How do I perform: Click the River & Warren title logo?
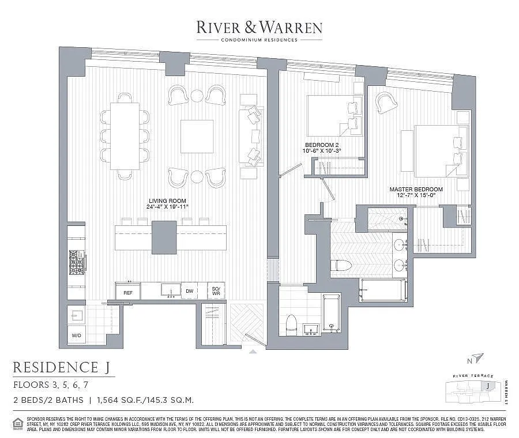(x=259, y=27)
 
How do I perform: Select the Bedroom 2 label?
(x=322, y=148)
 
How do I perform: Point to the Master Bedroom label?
(x=416, y=192)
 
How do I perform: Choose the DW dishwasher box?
(x=189, y=292)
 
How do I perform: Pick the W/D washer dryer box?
(x=76, y=335)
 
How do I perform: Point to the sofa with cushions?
(x=251, y=137)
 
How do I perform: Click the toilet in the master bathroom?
(x=341, y=266)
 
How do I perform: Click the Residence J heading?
(x=63, y=367)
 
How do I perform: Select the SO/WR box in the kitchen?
(x=216, y=292)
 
